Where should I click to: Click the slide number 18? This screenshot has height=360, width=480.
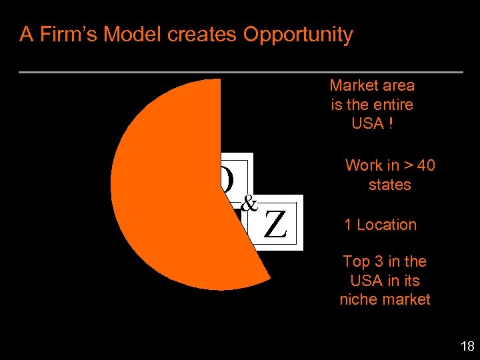(x=467, y=346)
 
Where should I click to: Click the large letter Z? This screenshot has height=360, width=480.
(x=275, y=224)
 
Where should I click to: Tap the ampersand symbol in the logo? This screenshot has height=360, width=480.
(x=249, y=203)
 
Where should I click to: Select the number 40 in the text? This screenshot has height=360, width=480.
(x=425, y=165)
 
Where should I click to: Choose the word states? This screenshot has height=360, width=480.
(x=390, y=185)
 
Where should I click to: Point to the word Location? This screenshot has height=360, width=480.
(x=387, y=225)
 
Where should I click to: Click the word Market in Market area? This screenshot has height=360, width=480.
(x=354, y=85)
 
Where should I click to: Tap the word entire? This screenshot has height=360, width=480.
(x=393, y=105)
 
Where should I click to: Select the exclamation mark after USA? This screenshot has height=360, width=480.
(x=389, y=124)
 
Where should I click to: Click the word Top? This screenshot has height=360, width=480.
(x=355, y=261)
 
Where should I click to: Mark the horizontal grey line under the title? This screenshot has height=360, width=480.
(x=241, y=72)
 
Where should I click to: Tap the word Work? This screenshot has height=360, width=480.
(x=363, y=165)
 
